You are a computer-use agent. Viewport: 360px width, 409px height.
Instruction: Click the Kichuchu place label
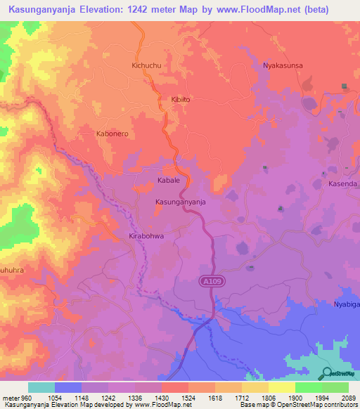[146, 65]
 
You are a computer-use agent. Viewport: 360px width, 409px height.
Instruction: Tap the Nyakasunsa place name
[283, 65]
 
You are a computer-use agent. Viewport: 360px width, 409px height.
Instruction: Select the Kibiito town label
[181, 100]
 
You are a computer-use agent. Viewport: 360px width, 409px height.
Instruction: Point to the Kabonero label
[112, 133]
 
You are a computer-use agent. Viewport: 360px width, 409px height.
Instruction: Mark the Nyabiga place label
[346, 305]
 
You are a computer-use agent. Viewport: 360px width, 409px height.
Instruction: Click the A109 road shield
[206, 280]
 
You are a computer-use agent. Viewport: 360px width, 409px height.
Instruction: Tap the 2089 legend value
[340, 397]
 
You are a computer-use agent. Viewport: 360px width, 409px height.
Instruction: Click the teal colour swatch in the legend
[41, 387]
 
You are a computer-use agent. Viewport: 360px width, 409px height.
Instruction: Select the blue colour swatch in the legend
[68, 387]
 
